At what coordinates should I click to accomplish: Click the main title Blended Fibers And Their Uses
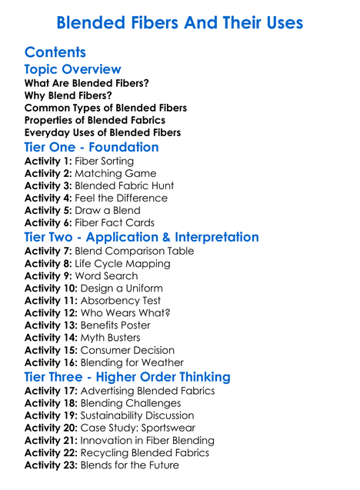point(180,22)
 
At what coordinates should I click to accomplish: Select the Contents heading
point(55,52)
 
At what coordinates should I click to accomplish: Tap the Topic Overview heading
point(73,70)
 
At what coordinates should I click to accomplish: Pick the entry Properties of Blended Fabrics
point(95,120)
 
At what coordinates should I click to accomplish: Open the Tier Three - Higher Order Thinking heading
point(127,377)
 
